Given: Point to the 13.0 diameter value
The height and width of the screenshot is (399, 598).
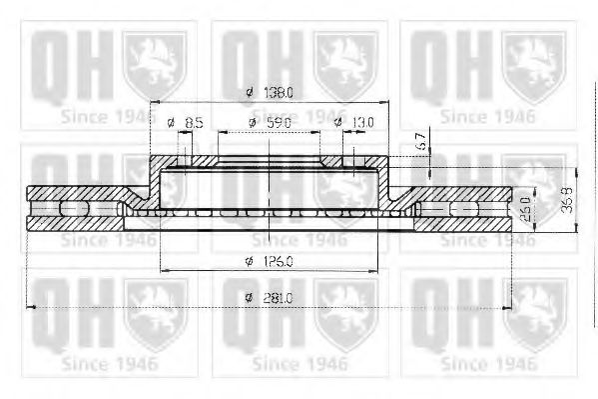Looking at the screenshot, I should click(362, 123).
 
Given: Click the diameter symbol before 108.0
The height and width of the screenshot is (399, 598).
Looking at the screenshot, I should click(250, 93).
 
